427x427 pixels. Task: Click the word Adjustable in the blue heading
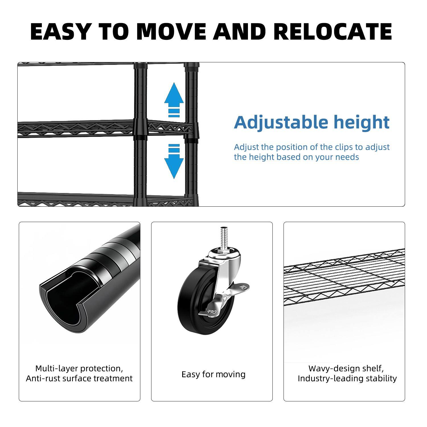(x=281, y=122)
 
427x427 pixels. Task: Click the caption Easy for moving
(x=213, y=374)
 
